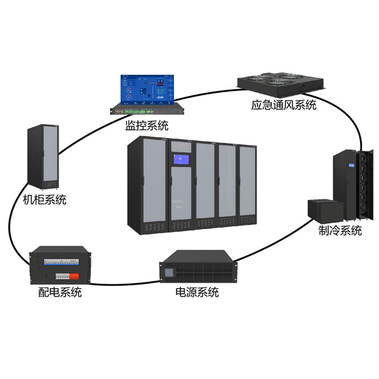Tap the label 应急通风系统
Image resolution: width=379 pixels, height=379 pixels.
(284, 106)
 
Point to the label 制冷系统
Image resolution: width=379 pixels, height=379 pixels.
(339, 231)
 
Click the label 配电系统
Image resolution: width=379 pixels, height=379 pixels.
(60, 292)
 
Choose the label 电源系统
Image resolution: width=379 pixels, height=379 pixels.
(197, 292)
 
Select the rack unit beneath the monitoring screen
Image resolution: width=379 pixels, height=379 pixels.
(144, 111)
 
